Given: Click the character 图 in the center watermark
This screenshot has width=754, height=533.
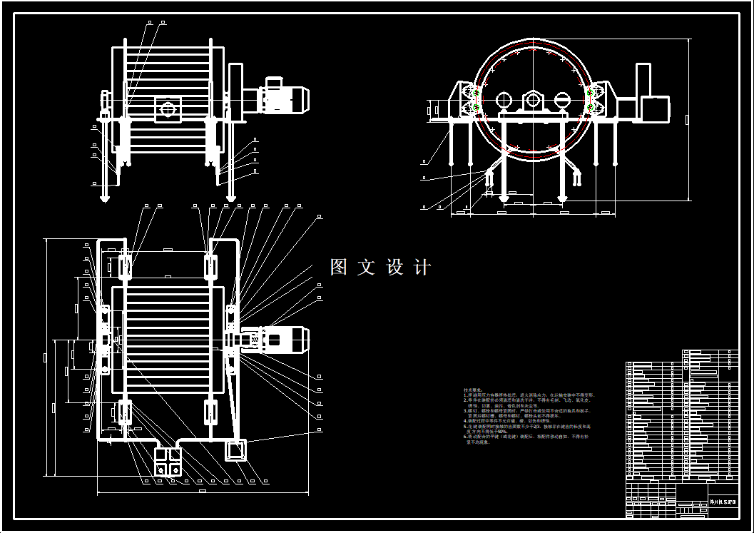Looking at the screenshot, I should [338, 268].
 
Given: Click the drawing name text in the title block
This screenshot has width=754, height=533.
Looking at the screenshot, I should [723, 502].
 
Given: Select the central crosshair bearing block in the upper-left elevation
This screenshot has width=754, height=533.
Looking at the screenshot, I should [168, 109].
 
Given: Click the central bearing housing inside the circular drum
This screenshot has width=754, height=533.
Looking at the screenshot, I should [533, 100].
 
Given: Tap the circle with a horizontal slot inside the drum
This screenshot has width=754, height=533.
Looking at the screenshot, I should [563, 99].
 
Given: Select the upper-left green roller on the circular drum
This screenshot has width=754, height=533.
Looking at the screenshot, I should [472, 92].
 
